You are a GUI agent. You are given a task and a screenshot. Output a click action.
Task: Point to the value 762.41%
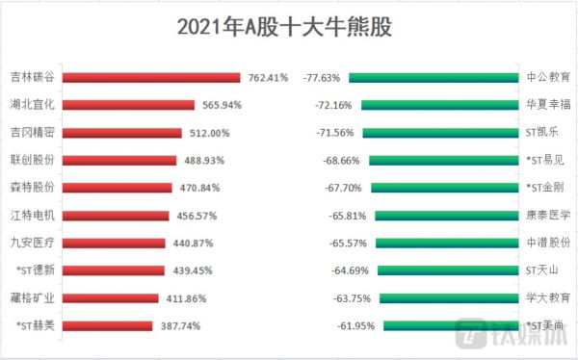pyautogui.click(x=269, y=78)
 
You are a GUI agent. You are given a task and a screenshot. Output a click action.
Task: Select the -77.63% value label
pyautogui.click(x=323, y=78)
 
